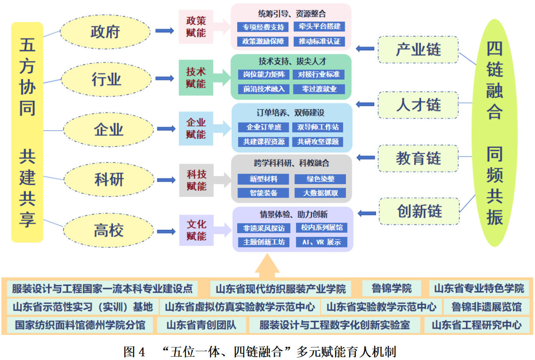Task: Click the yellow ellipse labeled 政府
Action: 105,32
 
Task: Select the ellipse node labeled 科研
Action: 109,180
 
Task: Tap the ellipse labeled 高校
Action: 108,231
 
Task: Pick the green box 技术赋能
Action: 196,77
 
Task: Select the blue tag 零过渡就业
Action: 319,89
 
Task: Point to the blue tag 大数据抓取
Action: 320,193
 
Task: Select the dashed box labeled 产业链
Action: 418,50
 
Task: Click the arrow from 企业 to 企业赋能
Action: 166,129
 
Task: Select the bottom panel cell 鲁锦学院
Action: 392,288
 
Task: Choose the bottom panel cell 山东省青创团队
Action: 201,325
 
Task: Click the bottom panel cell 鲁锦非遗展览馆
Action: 486,307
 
